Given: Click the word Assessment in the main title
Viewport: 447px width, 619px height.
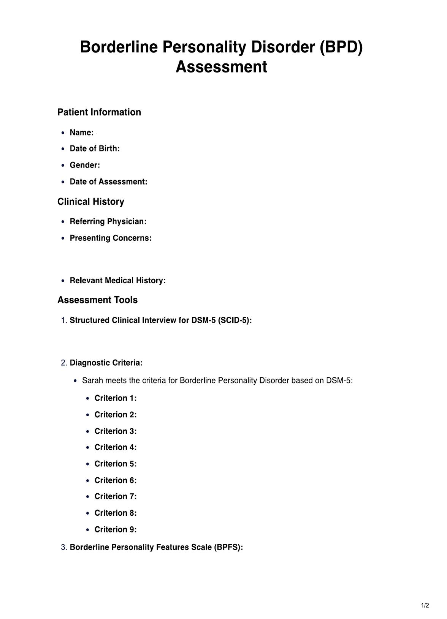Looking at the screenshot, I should (x=221, y=67).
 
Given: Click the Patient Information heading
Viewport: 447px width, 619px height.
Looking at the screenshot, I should (x=99, y=112).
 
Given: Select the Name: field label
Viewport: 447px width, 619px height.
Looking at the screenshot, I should (x=82, y=133).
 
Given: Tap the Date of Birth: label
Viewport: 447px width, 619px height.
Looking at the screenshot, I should (x=95, y=148).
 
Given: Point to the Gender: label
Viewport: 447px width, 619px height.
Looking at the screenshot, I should (x=85, y=165).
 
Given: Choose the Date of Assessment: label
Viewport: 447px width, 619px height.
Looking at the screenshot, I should (x=108, y=182).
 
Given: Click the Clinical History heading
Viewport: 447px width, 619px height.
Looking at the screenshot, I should (x=91, y=202).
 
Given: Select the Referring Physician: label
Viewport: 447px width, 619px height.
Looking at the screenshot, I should (x=108, y=221).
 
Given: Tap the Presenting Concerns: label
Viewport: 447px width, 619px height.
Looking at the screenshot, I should (x=111, y=238).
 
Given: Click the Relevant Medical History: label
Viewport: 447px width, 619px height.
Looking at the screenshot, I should (x=117, y=281).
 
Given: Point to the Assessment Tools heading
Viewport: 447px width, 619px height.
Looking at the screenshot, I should (x=97, y=300).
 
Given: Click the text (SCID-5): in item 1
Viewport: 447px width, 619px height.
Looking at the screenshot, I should (x=235, y=321).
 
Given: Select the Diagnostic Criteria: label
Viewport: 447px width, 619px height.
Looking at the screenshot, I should (x=106, y=363).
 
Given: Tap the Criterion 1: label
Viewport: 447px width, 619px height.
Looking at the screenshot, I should (x=116, y=398).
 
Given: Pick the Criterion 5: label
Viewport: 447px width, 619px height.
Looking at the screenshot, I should (x=116, y=464).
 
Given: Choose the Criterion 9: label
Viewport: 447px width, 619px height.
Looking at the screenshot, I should (x=116, y=529).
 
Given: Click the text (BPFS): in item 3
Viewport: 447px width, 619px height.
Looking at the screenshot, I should (x=228, y=547).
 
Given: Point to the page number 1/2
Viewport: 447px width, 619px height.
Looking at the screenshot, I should (x=425, y=605).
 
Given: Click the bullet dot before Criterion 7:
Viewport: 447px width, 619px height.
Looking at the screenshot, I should (x=88, y=497).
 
